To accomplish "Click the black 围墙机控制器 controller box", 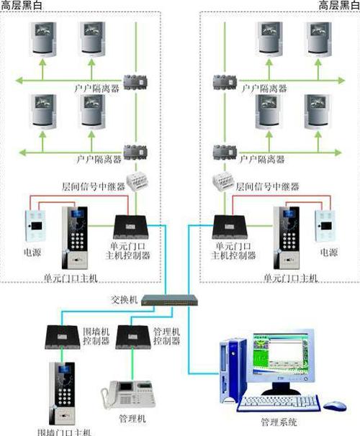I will [x=65, y=335].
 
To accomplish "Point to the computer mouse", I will [x=333, y=406].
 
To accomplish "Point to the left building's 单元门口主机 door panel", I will [x=76, y=236].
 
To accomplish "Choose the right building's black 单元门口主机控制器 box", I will [x=230, y=227].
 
